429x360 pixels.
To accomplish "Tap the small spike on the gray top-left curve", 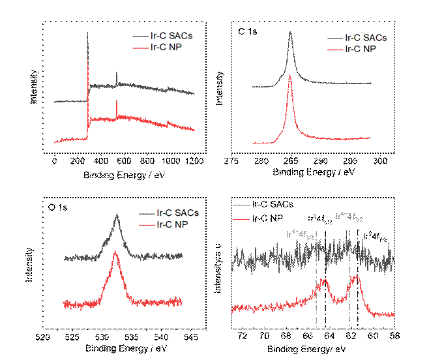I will point(117,73).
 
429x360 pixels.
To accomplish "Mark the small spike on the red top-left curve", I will point(117,102).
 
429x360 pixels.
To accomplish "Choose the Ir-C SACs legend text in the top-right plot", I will point(366,38).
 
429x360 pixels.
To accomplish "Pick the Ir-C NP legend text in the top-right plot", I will point(362,49).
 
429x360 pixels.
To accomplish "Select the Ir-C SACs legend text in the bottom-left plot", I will point(177,213).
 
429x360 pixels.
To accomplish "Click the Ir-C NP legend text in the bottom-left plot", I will point(173,224).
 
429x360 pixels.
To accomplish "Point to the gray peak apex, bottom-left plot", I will point(117,215).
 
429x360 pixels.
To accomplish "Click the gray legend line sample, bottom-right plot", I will point(241,205).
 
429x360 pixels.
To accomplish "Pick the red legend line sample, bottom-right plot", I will point(241,220).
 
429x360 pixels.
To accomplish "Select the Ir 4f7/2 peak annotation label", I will point(349,216).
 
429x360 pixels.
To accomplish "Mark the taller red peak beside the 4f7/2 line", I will point(355,277).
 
